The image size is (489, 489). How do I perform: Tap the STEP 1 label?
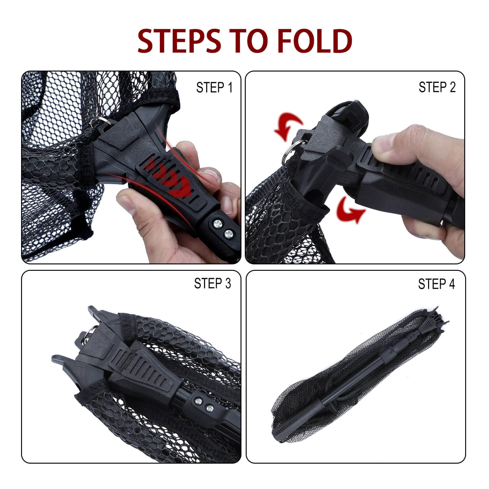pos(214,87)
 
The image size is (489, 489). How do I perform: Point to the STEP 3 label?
pos(213,283)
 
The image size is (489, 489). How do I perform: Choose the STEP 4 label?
pos(436,284)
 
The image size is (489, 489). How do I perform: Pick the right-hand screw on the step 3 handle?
pos(209,408)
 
